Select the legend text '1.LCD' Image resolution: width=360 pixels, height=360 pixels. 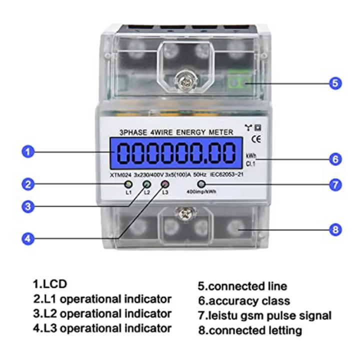pyautogui.click(x=50, y=284)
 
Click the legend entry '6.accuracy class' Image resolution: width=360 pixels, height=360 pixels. pyautogui.click(x=243, y=301)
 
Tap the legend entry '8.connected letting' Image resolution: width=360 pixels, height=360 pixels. pyautogui.click(x=249, y=330)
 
